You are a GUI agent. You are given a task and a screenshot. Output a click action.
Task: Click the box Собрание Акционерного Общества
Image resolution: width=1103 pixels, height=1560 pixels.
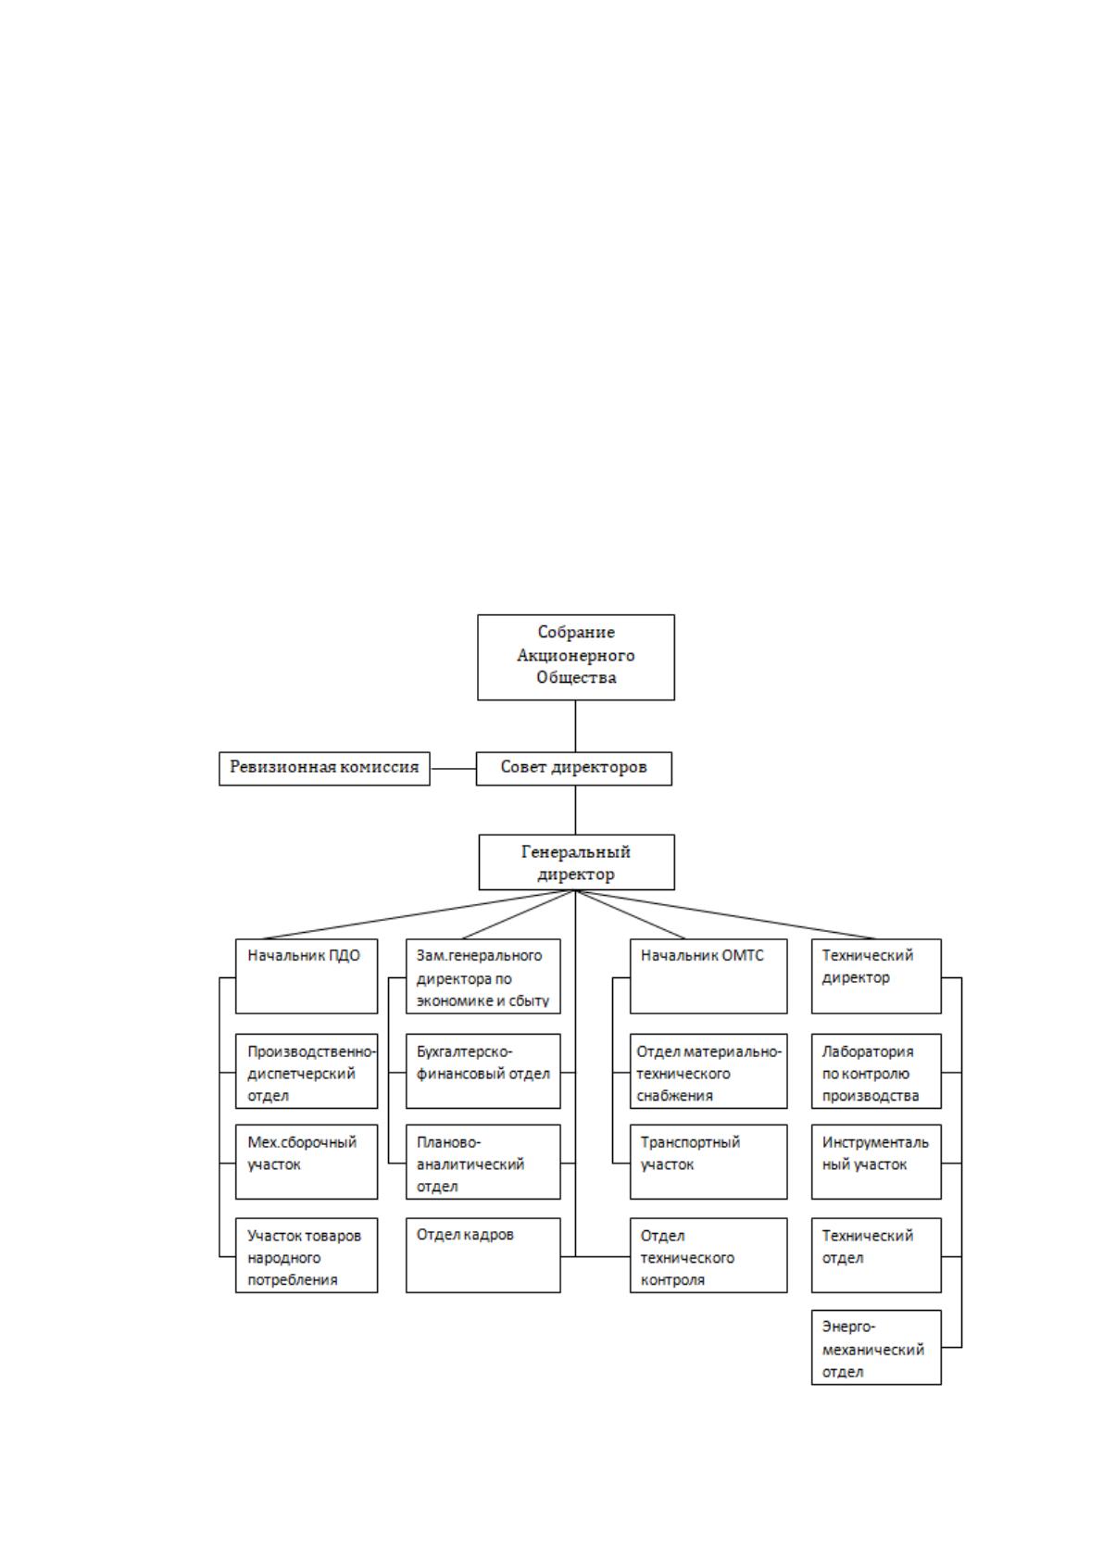click(x=576, y=657)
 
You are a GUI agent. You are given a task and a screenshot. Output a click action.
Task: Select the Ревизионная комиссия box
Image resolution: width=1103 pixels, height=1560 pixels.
click(x=324, y=768)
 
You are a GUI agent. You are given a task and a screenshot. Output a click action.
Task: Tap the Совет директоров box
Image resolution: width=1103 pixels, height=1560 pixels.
click(x=574, y=768)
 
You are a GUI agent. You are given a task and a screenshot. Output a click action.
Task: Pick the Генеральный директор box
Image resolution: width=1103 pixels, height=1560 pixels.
click(x=577, y=862)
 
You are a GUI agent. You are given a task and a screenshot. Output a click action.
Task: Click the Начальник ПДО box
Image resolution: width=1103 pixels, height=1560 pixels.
click(x=307, y=975)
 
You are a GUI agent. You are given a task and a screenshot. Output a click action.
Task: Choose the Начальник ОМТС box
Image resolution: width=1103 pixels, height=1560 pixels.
click(x=708, y=975)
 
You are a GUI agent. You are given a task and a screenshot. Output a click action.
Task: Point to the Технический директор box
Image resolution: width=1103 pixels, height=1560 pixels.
click(x=876, y=975)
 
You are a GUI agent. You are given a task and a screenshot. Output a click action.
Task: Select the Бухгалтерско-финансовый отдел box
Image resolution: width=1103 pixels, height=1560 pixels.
click(x=483, y=1071)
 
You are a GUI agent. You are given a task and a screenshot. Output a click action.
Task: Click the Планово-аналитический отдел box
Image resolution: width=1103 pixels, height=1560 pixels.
click(x=483, y=1162)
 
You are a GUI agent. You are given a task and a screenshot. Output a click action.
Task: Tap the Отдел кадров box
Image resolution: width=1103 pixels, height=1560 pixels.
click(x=483, y=1255)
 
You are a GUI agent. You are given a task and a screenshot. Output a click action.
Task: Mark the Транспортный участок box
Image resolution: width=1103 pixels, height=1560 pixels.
click(x=708, y=1162)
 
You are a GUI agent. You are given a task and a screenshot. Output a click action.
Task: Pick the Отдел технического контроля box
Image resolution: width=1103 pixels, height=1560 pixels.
click(x=708, y=1255)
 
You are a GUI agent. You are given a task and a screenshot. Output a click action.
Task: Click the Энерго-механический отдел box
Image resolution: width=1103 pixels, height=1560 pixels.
click(x=876, y=1347)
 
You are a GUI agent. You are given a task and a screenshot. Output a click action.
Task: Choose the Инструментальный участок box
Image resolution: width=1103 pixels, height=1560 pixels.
click(x=876, y=1162)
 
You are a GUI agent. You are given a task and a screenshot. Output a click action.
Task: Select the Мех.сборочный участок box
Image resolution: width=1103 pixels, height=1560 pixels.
click(x=307, y=1162)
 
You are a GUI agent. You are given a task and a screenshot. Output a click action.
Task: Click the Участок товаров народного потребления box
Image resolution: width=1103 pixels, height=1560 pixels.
click(x=307, y=1255)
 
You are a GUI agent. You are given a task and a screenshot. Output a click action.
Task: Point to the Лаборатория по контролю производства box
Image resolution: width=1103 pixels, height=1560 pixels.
click(x=876, y=1071)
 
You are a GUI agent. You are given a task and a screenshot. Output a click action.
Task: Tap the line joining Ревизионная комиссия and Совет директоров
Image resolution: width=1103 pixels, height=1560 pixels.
click(x=453, y=769)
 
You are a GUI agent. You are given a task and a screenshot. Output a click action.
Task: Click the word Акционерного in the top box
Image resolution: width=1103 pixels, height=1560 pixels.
click(x=576, y=655)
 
